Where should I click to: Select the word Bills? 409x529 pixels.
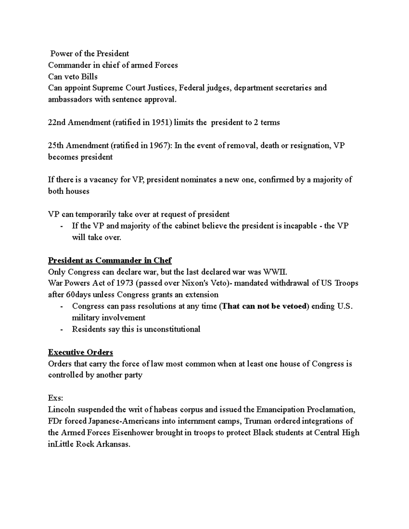click(89, 76)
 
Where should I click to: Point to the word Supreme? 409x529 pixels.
click(107, 88)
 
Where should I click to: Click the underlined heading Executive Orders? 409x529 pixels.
click(80, 352)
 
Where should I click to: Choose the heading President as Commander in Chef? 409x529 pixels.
click(110, 261)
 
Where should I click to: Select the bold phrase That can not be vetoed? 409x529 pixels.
click(264, 306)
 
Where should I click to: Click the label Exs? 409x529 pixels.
click(56, 398)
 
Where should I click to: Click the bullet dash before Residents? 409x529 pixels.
click(61, 329)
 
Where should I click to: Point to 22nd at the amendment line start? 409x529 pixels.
click(57, 123)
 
